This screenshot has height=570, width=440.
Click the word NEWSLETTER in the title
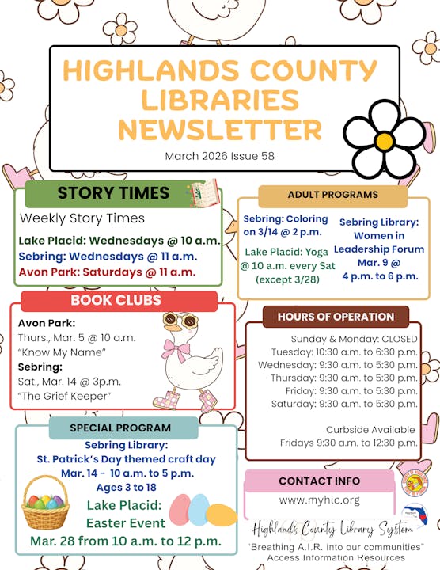point(220,129)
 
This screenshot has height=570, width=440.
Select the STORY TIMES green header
point(113,193)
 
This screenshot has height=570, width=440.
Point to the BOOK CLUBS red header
point(116,301)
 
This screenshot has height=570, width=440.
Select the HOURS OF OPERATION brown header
point(336,317)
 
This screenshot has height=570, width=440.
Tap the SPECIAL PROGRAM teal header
point(120,427)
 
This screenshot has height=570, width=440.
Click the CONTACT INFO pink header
point(319,481)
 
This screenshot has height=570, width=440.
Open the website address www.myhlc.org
point(319,500)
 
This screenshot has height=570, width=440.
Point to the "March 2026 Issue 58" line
point(220,156)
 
